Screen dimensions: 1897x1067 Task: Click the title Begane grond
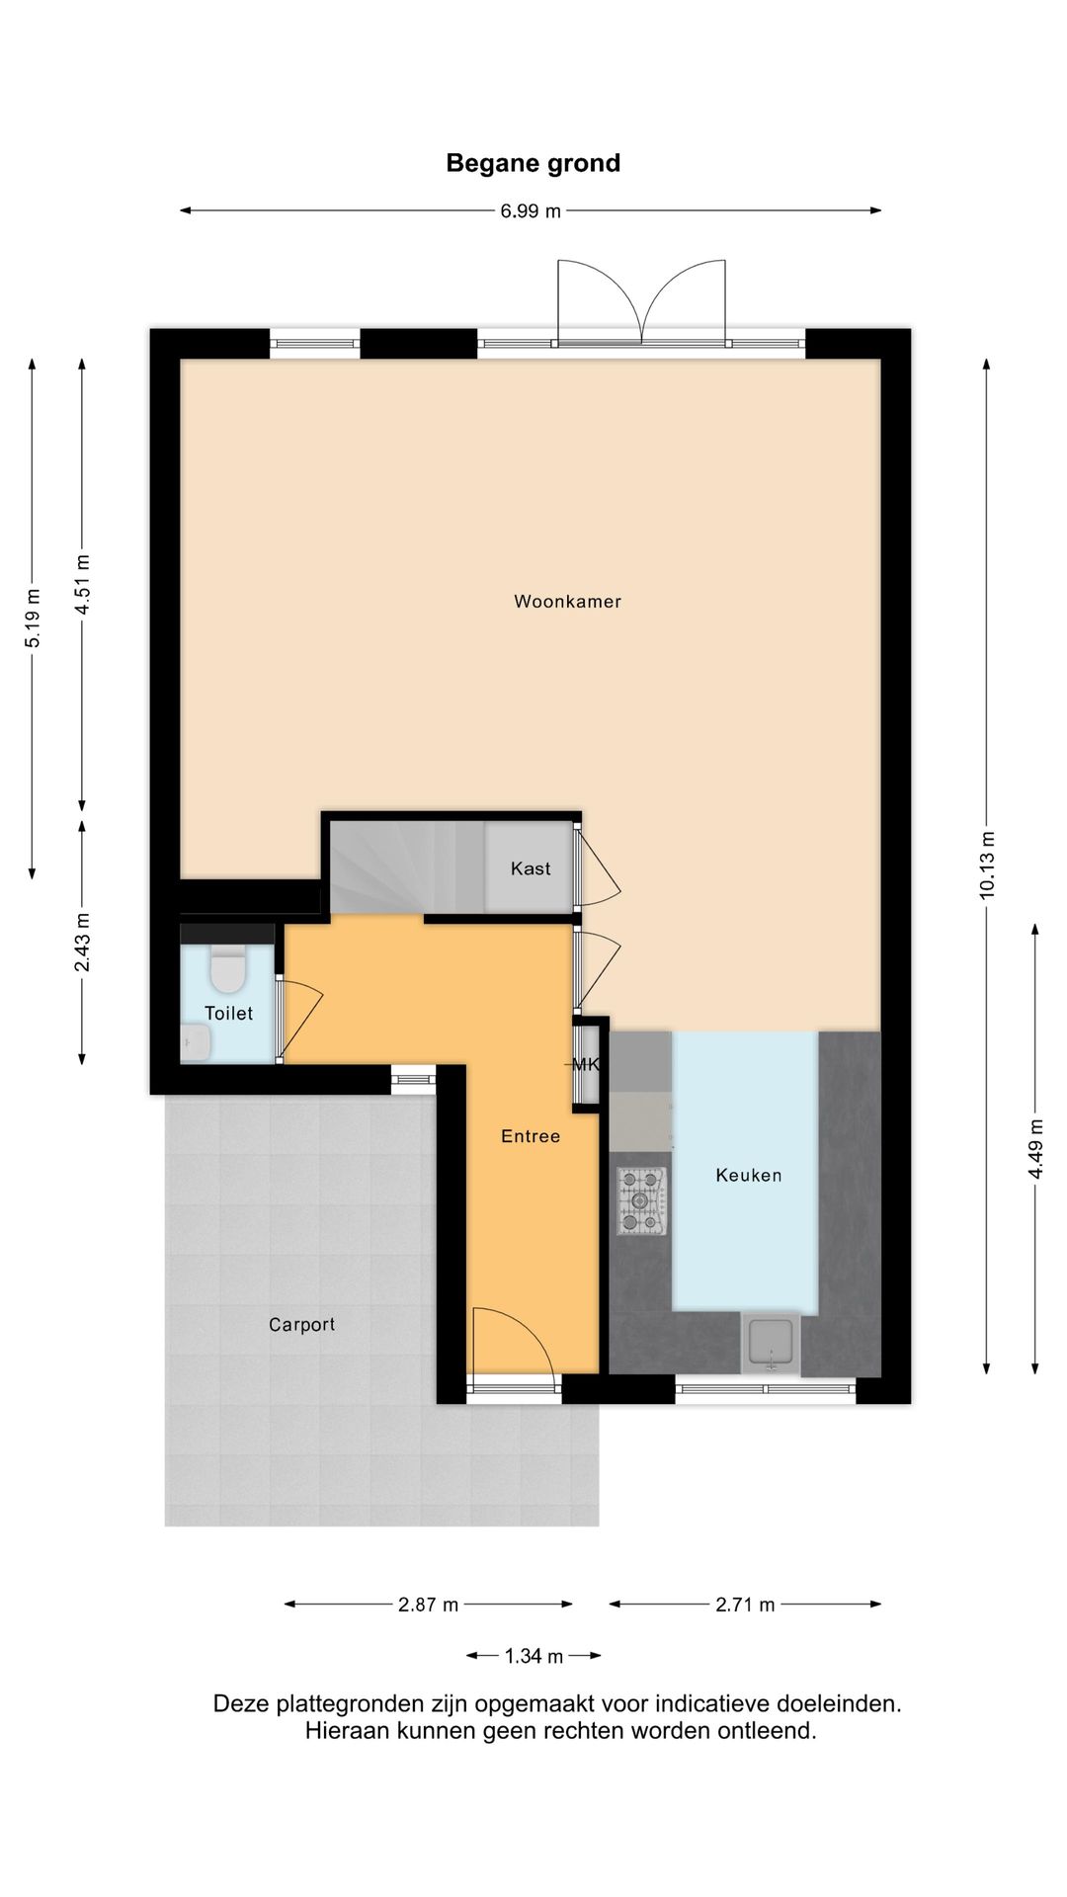tap(533, 163)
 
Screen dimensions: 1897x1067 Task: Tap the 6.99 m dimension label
tap(531, 210)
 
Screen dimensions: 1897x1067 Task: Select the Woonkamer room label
tap(567, 601)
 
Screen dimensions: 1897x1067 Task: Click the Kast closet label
tap(531, 868)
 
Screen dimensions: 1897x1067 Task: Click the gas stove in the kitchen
tap(641, 1200)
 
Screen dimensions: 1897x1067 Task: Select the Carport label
tap(301, 1325)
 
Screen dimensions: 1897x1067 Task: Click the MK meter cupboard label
tap(586, 1065)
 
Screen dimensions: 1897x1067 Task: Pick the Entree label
tap(531, 1136)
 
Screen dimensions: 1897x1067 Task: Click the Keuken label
tap(748, 1175)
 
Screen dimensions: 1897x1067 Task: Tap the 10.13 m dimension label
tap(987, 865)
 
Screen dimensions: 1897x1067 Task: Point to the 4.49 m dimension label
tap(1035, 1148)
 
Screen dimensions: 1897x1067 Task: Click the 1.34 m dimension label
tap(533, 1656)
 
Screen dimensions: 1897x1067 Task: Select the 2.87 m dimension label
tap(428, 1605)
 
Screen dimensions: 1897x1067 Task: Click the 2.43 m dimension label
tap(82, 942)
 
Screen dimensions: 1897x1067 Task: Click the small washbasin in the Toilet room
tap(196, 1041)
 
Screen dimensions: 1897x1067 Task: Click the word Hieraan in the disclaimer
tap(343, 1730)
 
